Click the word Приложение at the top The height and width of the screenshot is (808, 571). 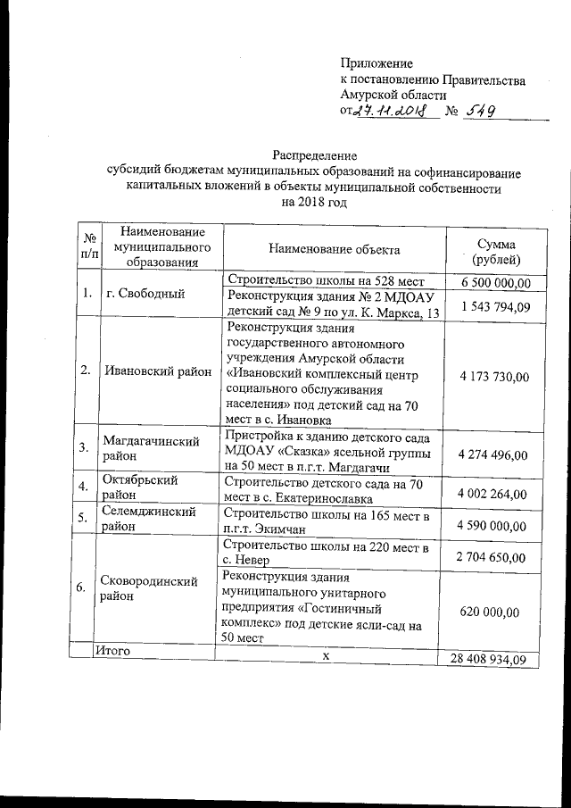[x=377, y=63]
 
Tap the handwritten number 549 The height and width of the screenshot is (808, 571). [x=478, y=112]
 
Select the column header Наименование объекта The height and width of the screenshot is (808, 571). [x=334, y=250]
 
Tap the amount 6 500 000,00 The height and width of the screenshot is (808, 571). [x=496, y=283]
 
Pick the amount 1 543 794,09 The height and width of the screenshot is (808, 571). [x=496, y=306]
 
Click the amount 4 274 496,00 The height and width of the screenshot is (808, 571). [x=493, y=455]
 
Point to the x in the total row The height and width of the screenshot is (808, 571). [x=327, y=657]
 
